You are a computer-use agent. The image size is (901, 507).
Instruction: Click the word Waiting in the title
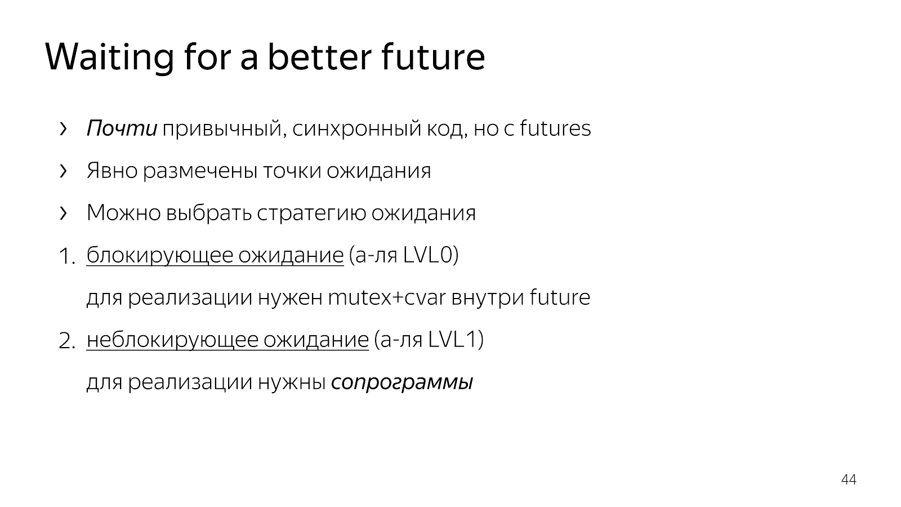pos(109,57)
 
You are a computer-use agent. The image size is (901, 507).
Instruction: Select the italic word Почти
pos(122,128)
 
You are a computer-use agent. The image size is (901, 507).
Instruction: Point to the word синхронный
pos(356,129)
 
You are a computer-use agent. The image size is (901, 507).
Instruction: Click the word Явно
pos(112,171)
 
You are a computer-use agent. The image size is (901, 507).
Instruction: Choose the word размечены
pos(200,171)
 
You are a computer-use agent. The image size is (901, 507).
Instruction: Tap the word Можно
pos(124,212)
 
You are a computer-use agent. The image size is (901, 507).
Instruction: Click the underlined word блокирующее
pos(160,255)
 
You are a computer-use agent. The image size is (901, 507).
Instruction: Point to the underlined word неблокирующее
pos(172,340)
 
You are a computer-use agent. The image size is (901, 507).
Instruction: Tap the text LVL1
pos(453,339)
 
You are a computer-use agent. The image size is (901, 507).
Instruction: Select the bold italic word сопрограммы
pos(402,383)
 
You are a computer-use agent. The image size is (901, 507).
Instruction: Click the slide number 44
pos(849,479)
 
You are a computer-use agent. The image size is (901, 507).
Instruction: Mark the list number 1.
pos(67,256)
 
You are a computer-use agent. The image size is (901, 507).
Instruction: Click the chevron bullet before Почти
pos(63,129)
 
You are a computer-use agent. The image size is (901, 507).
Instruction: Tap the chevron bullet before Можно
pos(63,214)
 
